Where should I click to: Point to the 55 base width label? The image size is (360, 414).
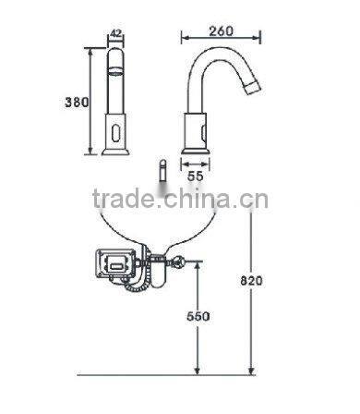click(196, 171)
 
